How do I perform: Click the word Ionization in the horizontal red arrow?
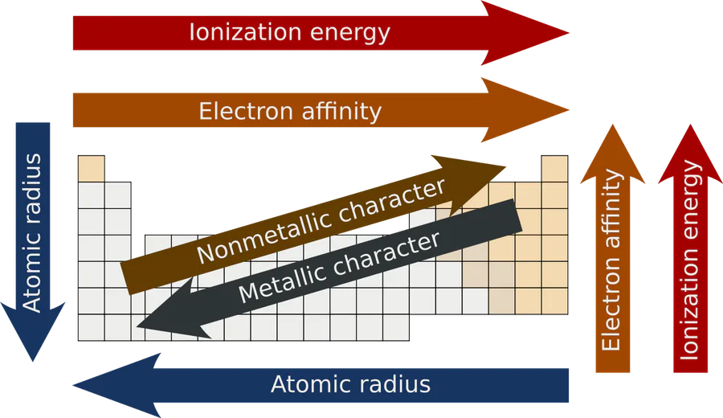click(245, 32)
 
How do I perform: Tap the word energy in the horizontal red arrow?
click(350, 34)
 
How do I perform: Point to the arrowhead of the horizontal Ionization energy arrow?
click(525, 33)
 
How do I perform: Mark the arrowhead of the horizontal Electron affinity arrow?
click(525, 110)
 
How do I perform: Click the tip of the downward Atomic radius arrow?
click(33, 361)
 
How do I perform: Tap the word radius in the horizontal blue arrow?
click(394, 384)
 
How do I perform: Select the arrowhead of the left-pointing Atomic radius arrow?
click(116, 386)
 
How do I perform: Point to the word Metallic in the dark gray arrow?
click(282, 282)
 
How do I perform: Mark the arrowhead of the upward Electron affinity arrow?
click(613, 154)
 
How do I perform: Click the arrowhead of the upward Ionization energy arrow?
click(690, 154)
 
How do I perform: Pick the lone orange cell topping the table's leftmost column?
click(92, 169)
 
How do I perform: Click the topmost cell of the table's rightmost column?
click(554, 169)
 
